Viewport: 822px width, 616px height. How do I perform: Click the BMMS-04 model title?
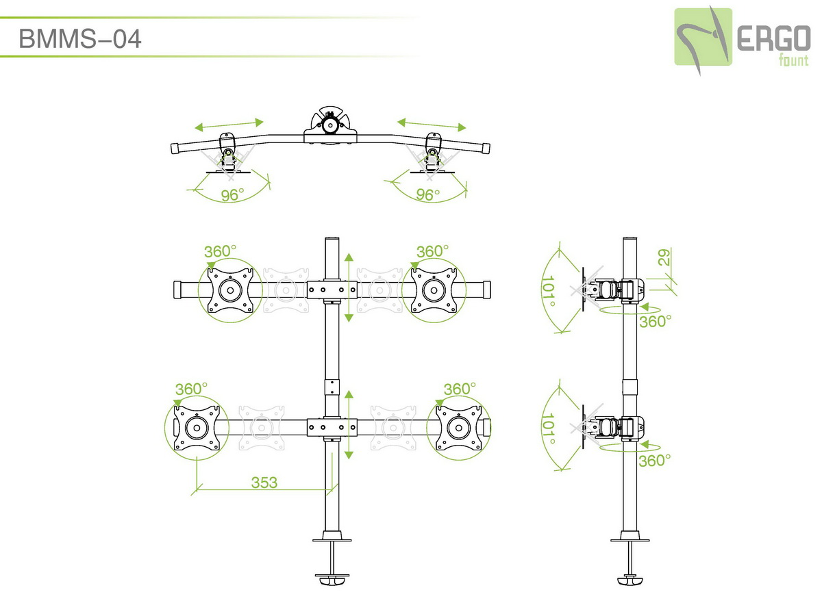tap(79, 38)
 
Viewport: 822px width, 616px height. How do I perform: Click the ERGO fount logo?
tap(742, 40)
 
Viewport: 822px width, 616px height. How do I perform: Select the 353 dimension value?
tap(264, 483)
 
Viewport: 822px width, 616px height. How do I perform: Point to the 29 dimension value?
tap(663, 258)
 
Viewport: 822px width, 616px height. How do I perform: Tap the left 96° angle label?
tap(232, 195)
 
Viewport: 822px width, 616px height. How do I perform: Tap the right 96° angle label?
tap(427, 194)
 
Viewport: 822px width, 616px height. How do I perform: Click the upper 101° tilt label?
tap(548, 291)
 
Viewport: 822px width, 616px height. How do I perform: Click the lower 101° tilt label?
tap(547, 428)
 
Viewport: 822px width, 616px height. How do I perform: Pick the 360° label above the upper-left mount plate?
tap(220, 251)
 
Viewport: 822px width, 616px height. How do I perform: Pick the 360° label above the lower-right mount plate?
tap(460, 389)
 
